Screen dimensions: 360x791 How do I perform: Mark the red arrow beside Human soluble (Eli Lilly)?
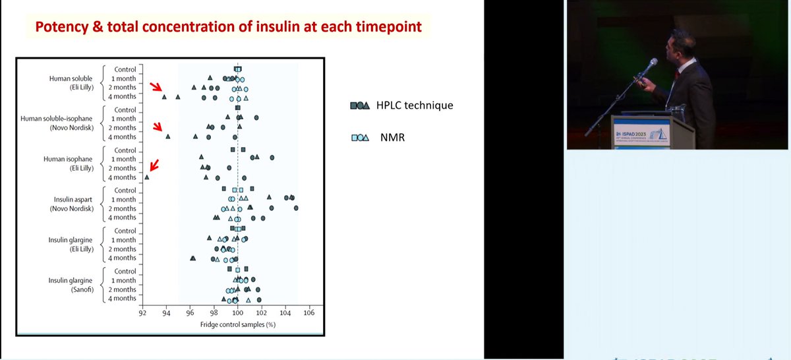(155, 87)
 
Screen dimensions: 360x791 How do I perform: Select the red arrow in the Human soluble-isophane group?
(158, 127)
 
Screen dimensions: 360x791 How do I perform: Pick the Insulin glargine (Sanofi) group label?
(73, 285)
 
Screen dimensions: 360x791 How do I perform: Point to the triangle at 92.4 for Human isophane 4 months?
(147, 177)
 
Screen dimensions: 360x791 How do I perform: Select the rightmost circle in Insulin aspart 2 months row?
(296, 208)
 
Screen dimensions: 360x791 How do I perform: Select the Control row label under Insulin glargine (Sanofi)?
(125, 271)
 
